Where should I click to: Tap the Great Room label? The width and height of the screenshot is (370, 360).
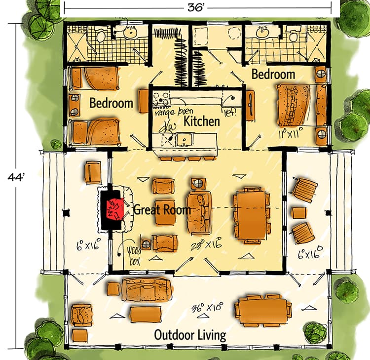tap(162, 210)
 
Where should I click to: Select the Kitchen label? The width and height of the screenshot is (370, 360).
tap(202, 121)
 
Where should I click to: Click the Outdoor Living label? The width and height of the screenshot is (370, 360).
tap(190, 335)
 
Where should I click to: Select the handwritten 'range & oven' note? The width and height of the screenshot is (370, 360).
tap(171, 112)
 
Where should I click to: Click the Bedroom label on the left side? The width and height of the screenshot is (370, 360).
tap(111, 104)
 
